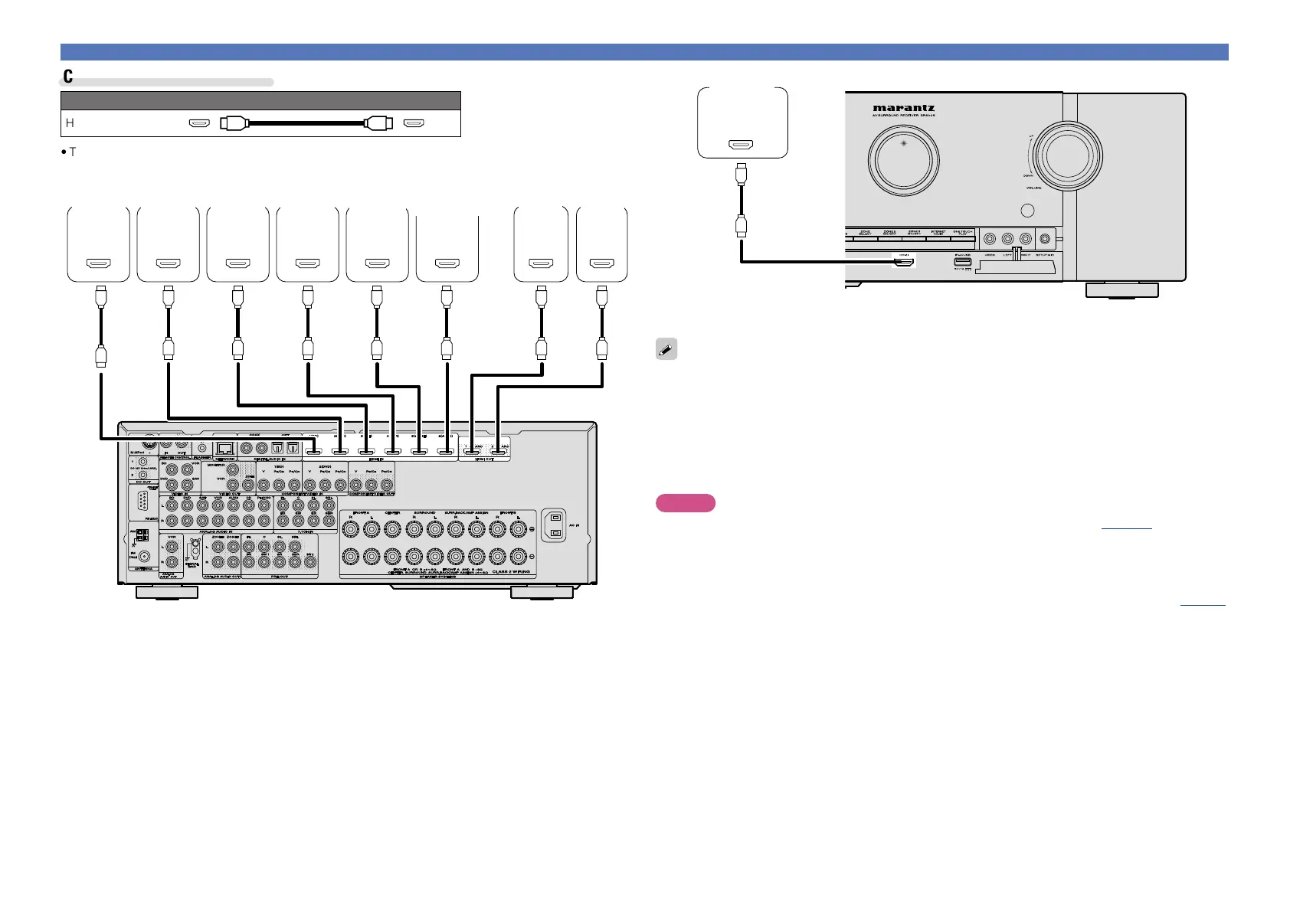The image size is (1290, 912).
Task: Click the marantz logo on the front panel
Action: (x=903, y=108)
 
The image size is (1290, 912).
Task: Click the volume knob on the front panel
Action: (x=1067, y=155)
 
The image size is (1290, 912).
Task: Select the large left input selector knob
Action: (x=903, y=159)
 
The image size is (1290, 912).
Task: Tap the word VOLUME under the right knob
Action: (x=1033, y=188)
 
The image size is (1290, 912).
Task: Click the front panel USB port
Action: (x=962, y=262)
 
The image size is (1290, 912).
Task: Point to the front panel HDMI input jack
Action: (x=905, y=263)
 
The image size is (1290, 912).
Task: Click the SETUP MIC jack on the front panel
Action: (x=1043, y=240)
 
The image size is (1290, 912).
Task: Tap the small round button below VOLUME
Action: (x=1028, y=211)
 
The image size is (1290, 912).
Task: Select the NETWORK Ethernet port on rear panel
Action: (x=225, y=449)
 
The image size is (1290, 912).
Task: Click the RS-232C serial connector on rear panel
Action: (x=143, y=502)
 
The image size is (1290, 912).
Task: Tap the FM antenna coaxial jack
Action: (x=144, y=557)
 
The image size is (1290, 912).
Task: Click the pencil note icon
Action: (x=666, y=349)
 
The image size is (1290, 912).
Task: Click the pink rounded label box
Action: (x=685, y=503)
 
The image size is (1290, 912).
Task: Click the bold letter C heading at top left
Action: (x=68, y=76)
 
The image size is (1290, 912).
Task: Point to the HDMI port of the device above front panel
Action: (x=742, y=144)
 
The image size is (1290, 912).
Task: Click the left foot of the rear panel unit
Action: (x=166, y=592)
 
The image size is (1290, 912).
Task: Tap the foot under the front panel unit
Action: (x=1121, y=290)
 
